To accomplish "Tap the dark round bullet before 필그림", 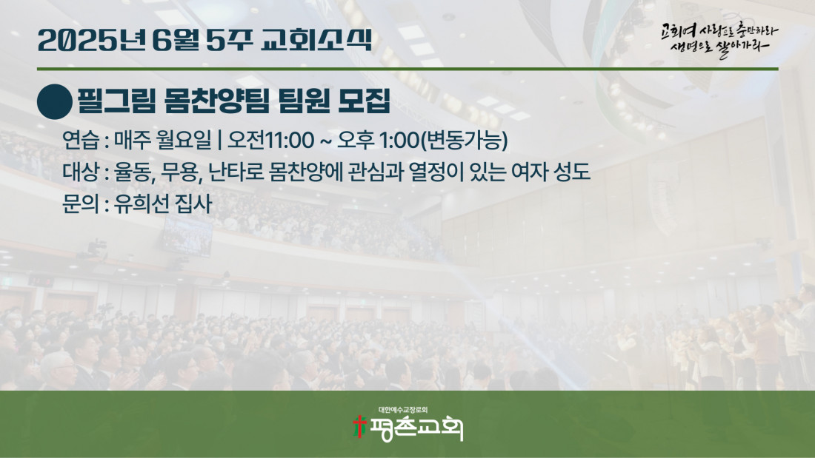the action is pos(55,102).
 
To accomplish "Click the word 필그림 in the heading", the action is pos(116,101).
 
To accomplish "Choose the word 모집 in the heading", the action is pos(364,101).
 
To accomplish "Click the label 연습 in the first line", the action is pos(81,140).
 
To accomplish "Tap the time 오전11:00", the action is pos(270,140).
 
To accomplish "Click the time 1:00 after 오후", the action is pos(399,140).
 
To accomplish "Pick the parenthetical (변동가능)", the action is pos(464,140).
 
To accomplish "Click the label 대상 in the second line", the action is pos(81,172).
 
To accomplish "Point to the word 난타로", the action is pos(236,172).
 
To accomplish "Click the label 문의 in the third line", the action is pos(81,203).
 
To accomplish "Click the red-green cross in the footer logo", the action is pos(359,426).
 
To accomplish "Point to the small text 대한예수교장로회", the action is pos(403,410).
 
